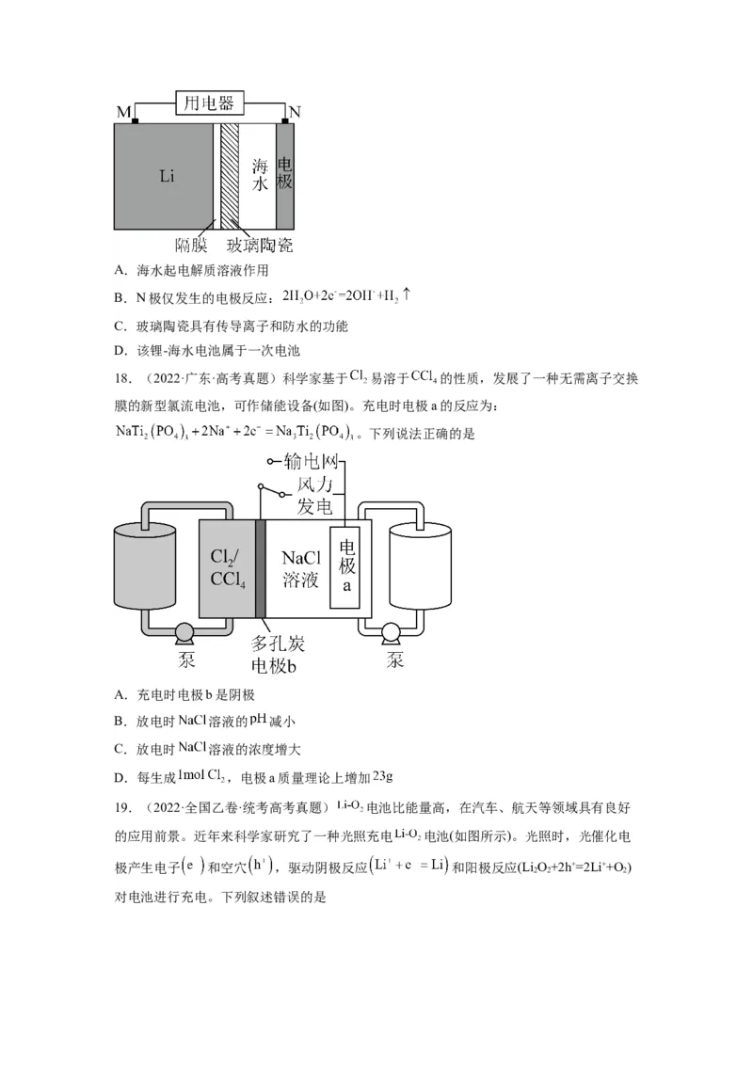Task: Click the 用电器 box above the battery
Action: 209,103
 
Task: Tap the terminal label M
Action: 123,113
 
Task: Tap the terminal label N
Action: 295,112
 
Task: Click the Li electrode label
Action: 167,176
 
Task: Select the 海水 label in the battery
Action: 261,175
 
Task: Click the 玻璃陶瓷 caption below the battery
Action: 260,246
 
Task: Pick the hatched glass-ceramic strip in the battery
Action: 229,176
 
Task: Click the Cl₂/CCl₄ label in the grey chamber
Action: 228,567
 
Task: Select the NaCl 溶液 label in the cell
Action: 300,567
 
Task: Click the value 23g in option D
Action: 382,776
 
